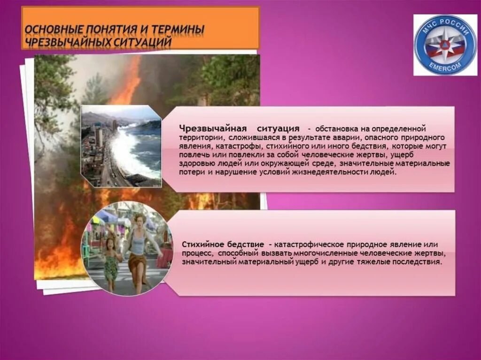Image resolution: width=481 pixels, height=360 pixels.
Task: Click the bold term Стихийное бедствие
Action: (224, 245)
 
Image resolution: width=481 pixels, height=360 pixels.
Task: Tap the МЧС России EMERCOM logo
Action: (445, 45)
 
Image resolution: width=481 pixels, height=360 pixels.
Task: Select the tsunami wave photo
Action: (121, 146)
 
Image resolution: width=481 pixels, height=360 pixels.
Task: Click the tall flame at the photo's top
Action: (130, 80)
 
